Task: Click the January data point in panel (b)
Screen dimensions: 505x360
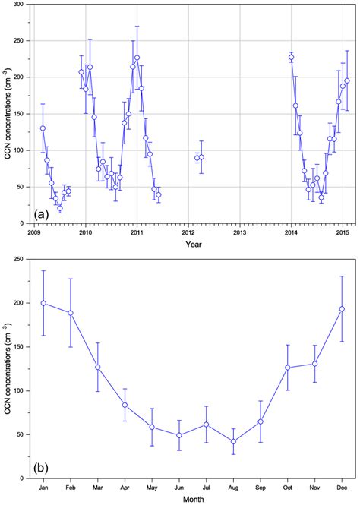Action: [43, 303]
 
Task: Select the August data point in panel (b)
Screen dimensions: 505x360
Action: [233, 441]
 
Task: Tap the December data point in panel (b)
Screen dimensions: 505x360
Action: [342, 309]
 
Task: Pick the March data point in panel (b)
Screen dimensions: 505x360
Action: [97, 367]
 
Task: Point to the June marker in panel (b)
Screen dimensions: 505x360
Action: [179, 435]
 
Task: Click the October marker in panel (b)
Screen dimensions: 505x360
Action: [288, 368]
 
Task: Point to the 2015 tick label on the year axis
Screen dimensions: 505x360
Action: [342, 232]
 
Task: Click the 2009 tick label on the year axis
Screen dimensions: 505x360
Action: [34, 232]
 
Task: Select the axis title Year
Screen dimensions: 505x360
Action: [188, 244]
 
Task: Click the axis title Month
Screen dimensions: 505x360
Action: [192, 498]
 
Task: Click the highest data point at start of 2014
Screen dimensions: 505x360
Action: [291, 57]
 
